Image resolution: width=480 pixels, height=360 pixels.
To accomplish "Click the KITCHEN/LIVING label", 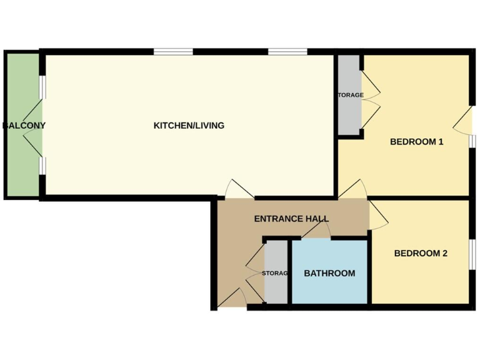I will coord(189,126).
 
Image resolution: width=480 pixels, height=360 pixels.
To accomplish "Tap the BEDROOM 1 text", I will coord(416,141).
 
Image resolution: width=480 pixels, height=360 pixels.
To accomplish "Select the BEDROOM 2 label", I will coord(421,253).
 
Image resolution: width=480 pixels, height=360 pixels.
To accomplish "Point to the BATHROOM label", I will coord(329,273).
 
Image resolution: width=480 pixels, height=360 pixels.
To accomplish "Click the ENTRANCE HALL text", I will coord(291,219).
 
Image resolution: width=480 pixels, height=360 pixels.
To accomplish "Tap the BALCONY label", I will coord(24,126).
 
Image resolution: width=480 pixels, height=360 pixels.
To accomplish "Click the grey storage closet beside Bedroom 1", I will coord(349,95).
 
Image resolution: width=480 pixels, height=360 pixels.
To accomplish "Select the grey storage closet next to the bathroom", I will coord(276,273).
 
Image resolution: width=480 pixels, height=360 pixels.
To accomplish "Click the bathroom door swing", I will coord(317,232).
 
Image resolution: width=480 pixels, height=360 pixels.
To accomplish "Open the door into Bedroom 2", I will coord(379,216).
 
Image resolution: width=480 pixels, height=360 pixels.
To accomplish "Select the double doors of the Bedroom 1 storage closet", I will coord(370,95).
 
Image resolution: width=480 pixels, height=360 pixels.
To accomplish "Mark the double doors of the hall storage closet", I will coord(255,273).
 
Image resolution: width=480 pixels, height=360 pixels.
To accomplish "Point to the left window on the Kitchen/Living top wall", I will coord(173,52).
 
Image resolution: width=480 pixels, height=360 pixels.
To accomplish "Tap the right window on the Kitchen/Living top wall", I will coord(288,52).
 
